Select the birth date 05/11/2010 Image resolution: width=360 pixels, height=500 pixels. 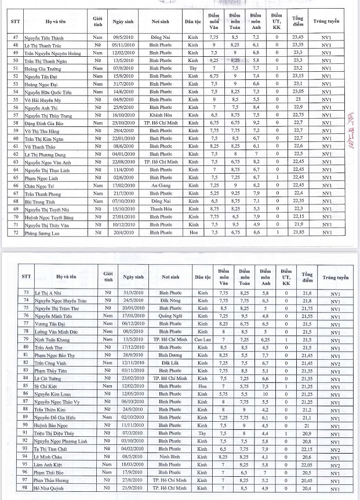pos(124,44)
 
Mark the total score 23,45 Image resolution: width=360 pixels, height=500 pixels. pos(298,37)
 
